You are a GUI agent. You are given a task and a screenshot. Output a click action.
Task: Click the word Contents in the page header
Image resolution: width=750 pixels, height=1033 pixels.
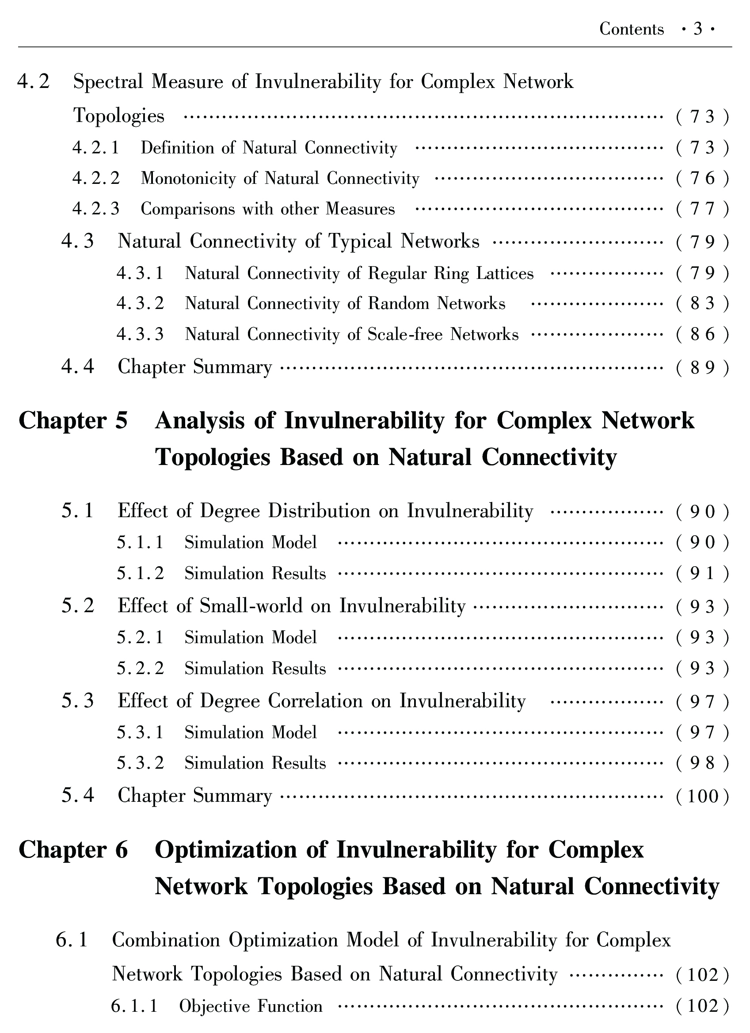pos(631,29)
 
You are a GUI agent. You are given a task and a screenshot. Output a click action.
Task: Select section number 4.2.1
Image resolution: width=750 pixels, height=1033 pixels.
pos(95,148)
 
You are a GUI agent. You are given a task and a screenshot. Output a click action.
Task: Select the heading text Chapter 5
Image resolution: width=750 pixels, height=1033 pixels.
pos(73,420)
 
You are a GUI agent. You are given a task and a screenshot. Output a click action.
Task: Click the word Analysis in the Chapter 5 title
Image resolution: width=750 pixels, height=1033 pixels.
pos(200,420)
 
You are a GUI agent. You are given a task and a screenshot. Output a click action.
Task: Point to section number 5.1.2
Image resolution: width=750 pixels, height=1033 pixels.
pos(140,573)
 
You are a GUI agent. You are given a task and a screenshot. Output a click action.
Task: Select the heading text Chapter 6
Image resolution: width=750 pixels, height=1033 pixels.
pos(73,850)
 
